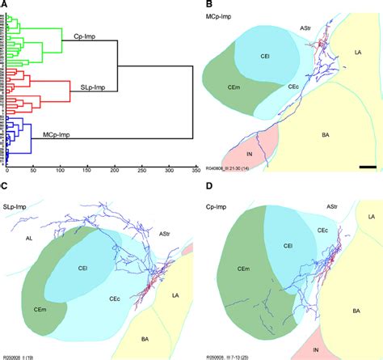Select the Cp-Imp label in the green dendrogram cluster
[x=82, y=36]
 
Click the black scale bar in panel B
[x=366, y=167]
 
